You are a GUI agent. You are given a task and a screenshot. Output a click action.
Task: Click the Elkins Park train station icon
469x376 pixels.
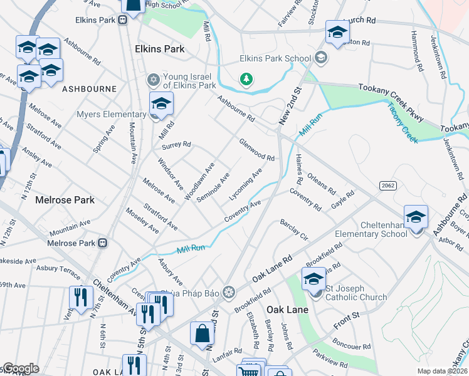click(123, 20)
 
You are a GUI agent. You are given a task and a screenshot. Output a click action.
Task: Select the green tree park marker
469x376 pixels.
click(247, 80)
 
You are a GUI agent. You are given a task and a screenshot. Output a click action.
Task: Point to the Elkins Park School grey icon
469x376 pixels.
click(321, 58)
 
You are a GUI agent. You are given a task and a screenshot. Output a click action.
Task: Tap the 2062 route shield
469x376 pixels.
click(387, 185)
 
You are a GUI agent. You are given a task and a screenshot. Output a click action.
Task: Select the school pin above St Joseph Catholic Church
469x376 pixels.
click(314, 279)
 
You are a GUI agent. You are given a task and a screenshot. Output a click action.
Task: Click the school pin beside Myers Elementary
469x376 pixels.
click(161, 104)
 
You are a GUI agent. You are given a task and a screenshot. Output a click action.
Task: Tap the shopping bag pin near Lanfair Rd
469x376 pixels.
click(203, 334)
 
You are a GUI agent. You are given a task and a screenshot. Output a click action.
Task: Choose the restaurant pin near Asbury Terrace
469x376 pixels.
click(80, 297)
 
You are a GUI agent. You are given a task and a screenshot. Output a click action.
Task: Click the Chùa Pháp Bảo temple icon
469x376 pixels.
click(229, 292)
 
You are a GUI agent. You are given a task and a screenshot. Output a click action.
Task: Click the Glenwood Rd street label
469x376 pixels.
click(256, 149)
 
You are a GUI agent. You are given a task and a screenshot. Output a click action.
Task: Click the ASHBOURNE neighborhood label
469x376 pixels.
click(89, 90)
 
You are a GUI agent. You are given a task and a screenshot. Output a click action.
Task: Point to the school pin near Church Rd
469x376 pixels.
click(337, 33)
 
